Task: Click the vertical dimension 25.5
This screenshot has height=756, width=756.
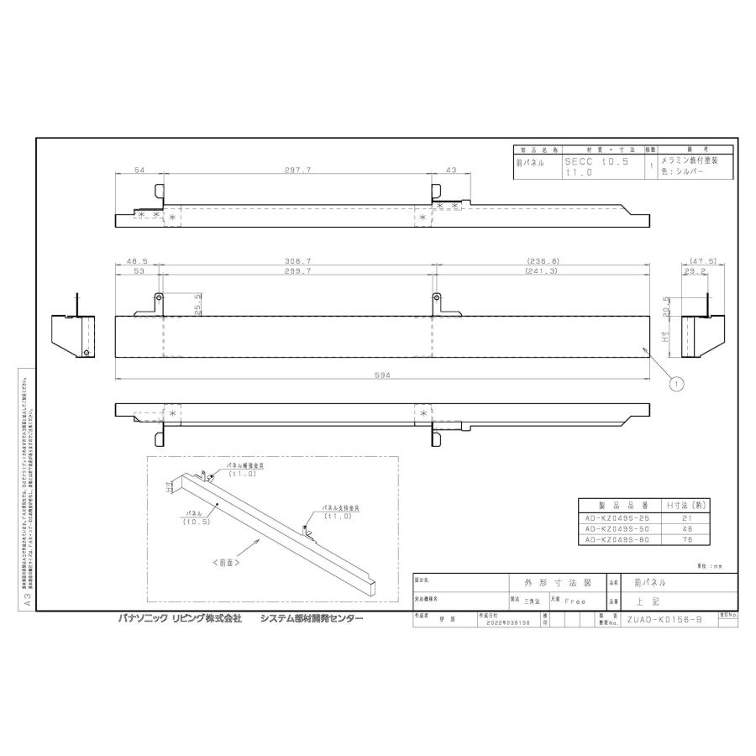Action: click(x=197, y=302)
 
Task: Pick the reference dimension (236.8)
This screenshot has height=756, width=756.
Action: click(x=543, y=262)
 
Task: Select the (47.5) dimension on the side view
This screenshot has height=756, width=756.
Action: click(x=701, y=262)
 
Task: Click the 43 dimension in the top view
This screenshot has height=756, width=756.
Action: click(x=451, y=170)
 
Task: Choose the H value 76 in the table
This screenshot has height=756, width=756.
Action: click(x=686, y=541)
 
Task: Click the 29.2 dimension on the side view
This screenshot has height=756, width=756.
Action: click(x=694, y=272)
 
